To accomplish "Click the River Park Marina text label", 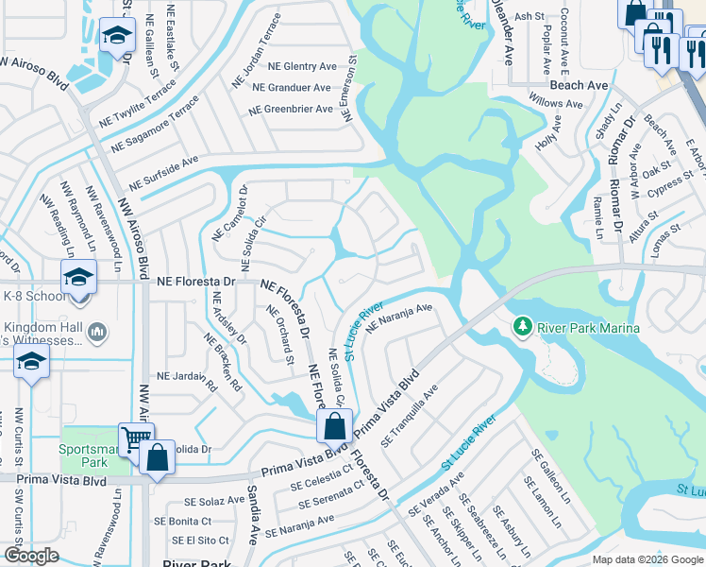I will (589, 328).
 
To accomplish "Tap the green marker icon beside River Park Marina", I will (522, 327).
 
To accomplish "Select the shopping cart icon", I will (135, 438).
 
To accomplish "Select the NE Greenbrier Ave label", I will (291, 110).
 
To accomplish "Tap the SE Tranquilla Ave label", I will (411, 417).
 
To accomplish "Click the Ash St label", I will (530, 16).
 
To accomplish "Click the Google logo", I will (31, 556).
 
